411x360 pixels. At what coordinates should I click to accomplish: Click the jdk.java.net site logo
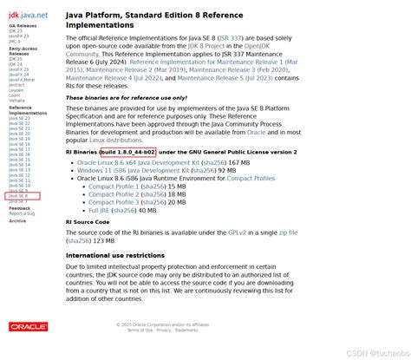[x=28, y=15]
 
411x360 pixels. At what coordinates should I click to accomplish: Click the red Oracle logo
[x=28, y=326]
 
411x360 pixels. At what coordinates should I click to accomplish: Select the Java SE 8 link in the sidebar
[x=19, y=196]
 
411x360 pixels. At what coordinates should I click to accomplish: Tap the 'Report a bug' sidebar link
[x=23, y=213]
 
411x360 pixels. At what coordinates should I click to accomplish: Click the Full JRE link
[x=99, y=210]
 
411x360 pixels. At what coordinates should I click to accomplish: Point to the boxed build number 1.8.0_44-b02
[x=127, y=152]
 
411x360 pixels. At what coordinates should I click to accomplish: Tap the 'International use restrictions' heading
[x=114, y=256]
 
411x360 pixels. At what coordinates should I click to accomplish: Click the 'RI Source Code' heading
[x=88, y=222]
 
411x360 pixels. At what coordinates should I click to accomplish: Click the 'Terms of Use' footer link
[x=140, y=330]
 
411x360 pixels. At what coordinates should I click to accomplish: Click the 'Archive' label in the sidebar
[x=17, y=221]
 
